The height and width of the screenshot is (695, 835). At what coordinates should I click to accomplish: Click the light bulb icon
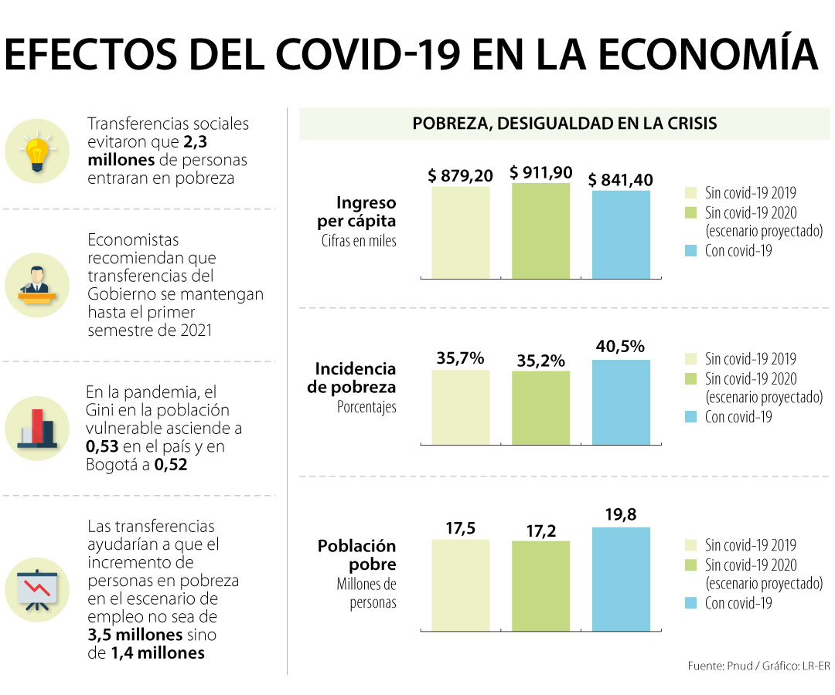tap(36, 151)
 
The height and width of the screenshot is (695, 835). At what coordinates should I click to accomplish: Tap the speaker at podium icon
tap(36, 284)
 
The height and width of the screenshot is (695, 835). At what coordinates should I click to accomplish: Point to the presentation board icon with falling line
tap(36, 588)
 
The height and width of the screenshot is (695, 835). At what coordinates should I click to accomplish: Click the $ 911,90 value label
tap(541, 172)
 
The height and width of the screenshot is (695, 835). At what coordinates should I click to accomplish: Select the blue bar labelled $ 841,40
tap(621, 234)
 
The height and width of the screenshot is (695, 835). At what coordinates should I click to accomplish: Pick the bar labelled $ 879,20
tap(461, 232)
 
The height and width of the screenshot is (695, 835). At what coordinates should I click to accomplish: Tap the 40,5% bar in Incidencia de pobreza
tap(621, 402)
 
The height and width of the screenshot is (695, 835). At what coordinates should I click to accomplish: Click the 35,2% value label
tap(541, 361)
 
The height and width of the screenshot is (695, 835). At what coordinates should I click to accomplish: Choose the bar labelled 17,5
tap(461, 585)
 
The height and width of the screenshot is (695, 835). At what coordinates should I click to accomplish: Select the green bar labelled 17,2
tap(541, 585)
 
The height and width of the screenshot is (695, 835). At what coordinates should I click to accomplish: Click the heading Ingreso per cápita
tap(366, 212)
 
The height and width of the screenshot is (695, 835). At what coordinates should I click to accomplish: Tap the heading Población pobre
tap(356, 555)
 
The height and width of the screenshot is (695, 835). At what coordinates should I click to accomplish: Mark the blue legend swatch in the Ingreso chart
tap(692, 251)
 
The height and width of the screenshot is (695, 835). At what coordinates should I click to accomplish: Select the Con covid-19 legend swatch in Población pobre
tap(692, 603)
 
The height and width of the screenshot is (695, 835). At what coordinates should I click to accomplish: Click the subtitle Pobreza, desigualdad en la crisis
tap(564, 124)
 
